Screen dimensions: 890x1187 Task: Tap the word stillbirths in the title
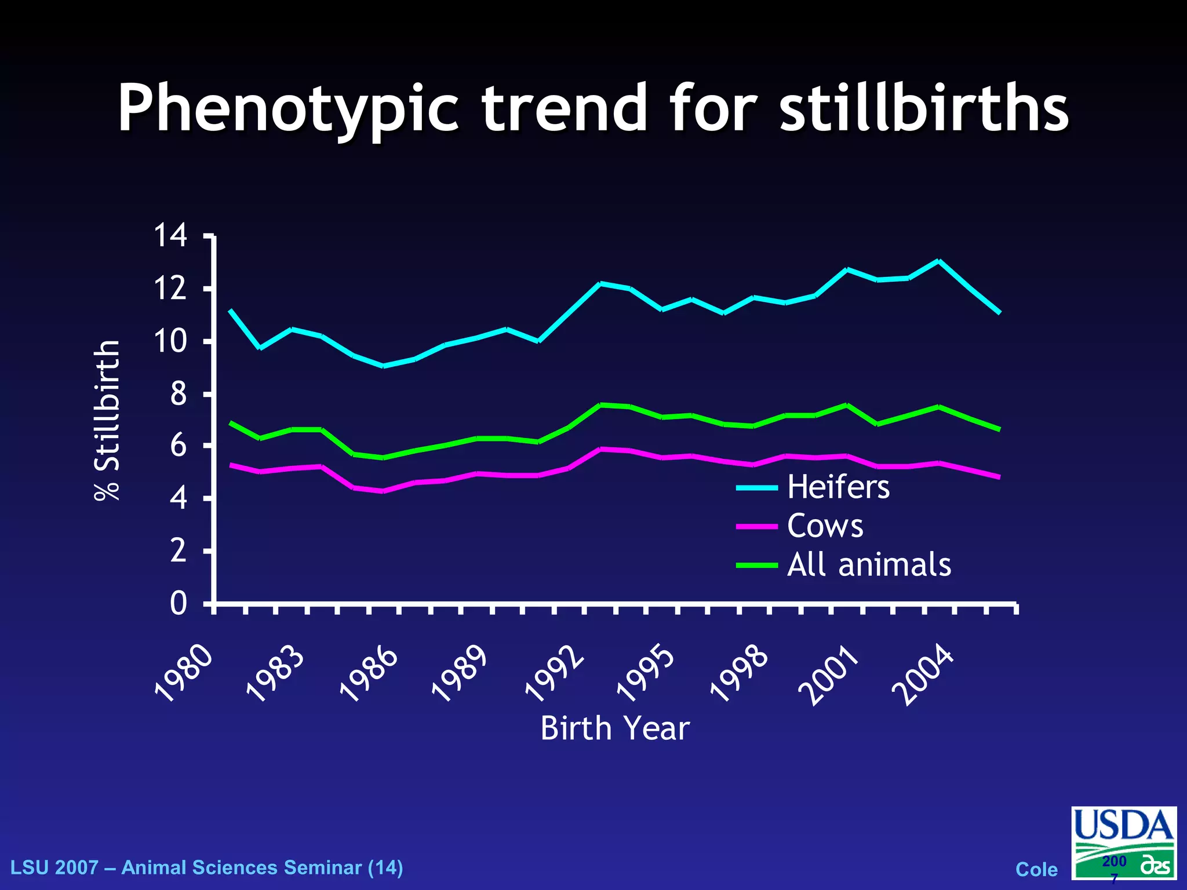(x=924, y=108)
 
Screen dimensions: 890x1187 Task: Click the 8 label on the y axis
(x=179, y=394)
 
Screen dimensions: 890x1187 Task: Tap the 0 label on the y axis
(x=179, y=604)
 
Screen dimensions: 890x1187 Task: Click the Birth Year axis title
(x=615, y=728)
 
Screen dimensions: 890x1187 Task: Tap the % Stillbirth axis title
(x=107, y=420)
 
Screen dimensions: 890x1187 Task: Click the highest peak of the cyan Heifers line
(x=938, y=261)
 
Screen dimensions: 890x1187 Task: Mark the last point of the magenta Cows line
(x=999, y=477)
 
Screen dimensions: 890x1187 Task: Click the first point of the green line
(x=231, y=423)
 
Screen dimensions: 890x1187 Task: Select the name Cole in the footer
(x=1036, y=869)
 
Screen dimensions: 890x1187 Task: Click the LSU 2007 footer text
(x=207, y=867)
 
